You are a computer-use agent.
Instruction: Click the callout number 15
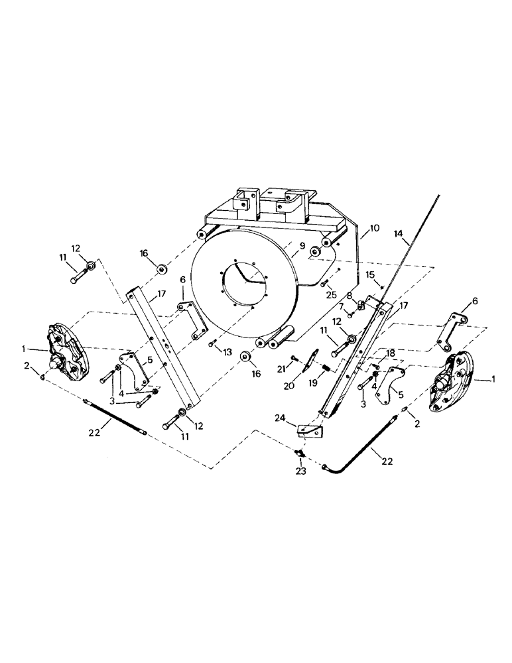[370, 274]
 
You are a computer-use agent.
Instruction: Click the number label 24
[281, 418]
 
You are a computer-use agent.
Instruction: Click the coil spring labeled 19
[327, 367]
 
